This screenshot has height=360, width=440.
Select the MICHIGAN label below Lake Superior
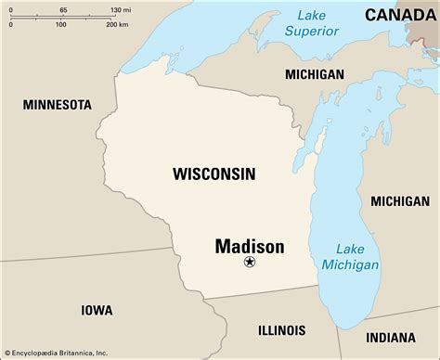point(314,74)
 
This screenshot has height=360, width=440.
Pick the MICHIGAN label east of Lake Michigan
point(399,201)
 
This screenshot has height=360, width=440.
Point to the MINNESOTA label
point(58,104)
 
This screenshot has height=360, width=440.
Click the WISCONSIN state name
point(214,174)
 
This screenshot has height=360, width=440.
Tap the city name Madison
point(249,246)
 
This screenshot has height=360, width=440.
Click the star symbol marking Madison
point(249,264)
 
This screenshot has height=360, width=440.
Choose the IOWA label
point(97,311)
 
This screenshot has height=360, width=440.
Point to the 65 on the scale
point(63,8)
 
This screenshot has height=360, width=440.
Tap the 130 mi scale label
point(120,8)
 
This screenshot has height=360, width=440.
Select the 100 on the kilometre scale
point(60,24)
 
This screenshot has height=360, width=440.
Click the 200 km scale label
point(117,24)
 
